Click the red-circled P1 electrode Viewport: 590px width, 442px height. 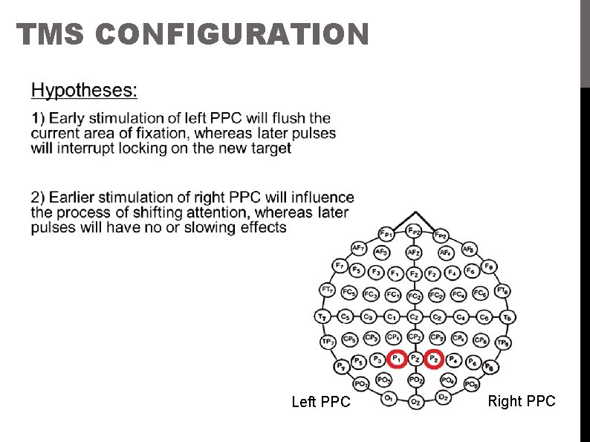point(396,359)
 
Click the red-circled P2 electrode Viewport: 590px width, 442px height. point(435,360)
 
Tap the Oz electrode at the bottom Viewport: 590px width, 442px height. point(415,402)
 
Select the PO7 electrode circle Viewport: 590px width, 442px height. point(361,384)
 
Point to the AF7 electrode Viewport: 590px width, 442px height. point(358,247)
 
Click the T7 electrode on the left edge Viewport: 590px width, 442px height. point(322,316)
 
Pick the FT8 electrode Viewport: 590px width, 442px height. point(502,290)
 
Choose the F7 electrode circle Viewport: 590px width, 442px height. point(340,264)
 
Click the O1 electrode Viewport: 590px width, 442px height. point(389,398)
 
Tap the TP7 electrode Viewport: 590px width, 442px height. point(328,342)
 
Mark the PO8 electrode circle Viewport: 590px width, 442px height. point(471,384)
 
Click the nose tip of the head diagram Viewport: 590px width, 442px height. point(414,213)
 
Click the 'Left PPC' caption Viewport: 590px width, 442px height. point(320,402)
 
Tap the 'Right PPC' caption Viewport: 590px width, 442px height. point(521,401)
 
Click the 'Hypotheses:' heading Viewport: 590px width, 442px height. point(84,91)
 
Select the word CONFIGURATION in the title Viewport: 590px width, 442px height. point(232,34)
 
